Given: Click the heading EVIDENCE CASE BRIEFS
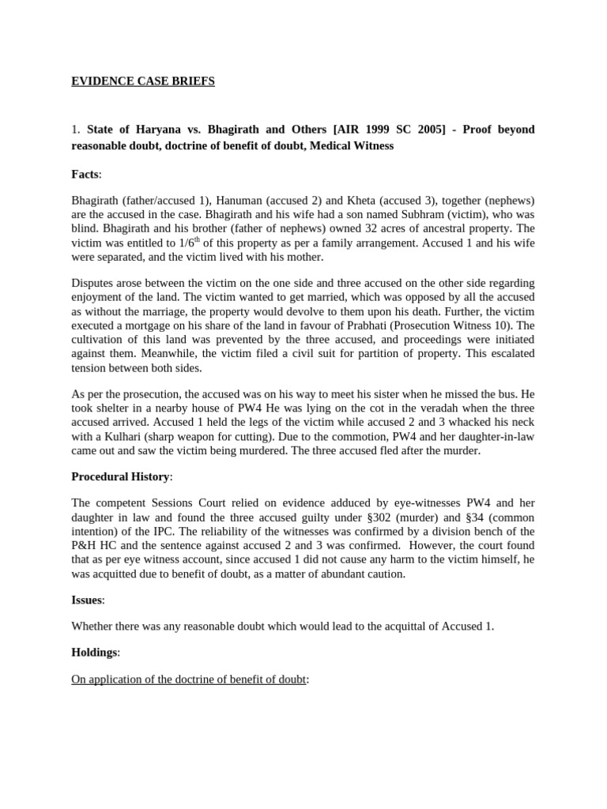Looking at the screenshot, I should pos(143,81).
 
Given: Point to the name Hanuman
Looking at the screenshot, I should pos(241,201).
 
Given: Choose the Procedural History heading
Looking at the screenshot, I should pos(120,476).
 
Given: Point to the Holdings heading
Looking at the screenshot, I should pos(95,653).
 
